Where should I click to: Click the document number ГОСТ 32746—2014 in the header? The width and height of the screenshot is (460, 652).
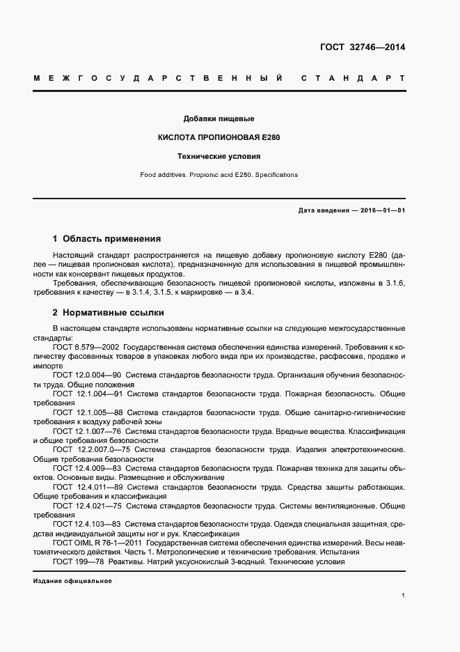(362, 48)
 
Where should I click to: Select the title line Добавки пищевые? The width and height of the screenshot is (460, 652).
(219, 118)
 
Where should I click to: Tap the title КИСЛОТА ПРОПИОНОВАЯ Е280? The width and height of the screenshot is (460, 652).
(219, 137)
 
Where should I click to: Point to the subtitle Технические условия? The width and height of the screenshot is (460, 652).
(219, 157)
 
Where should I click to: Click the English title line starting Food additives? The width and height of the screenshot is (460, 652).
(219, 175)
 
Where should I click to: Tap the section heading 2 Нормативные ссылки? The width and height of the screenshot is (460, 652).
(108, 312)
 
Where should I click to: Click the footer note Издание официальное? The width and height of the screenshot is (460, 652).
(72, 580)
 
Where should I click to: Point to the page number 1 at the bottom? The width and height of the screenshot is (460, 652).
(403, 596)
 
